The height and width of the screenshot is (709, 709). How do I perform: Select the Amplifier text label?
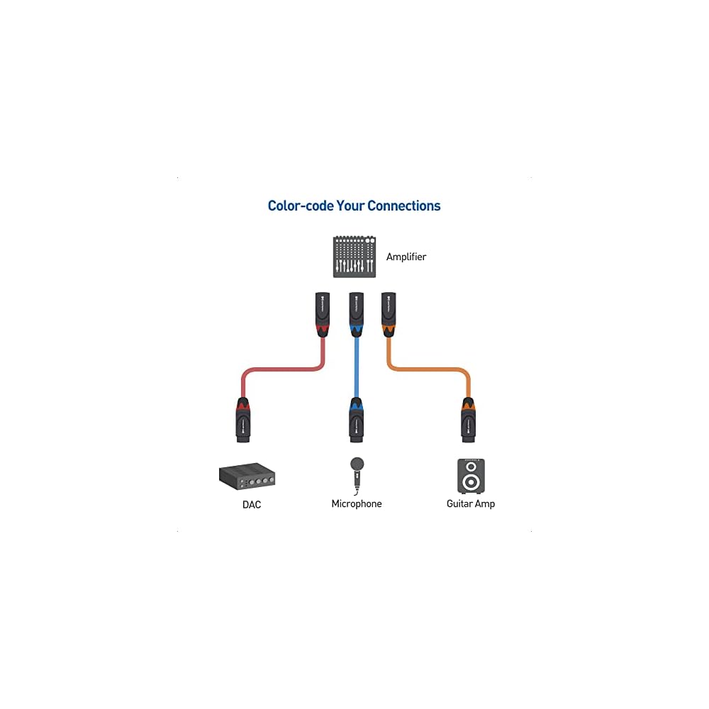406,257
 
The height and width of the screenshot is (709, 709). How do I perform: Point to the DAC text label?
251,505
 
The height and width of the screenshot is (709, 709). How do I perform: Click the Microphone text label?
357,504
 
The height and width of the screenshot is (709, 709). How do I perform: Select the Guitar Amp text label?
471,504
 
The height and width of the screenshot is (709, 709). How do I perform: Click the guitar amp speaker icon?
471,476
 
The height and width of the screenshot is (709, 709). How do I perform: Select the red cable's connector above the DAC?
242,420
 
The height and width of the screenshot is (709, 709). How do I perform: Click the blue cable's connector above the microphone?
357,420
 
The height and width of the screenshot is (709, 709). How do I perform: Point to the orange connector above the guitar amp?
468,420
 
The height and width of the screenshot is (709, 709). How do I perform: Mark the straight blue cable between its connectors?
356,365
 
